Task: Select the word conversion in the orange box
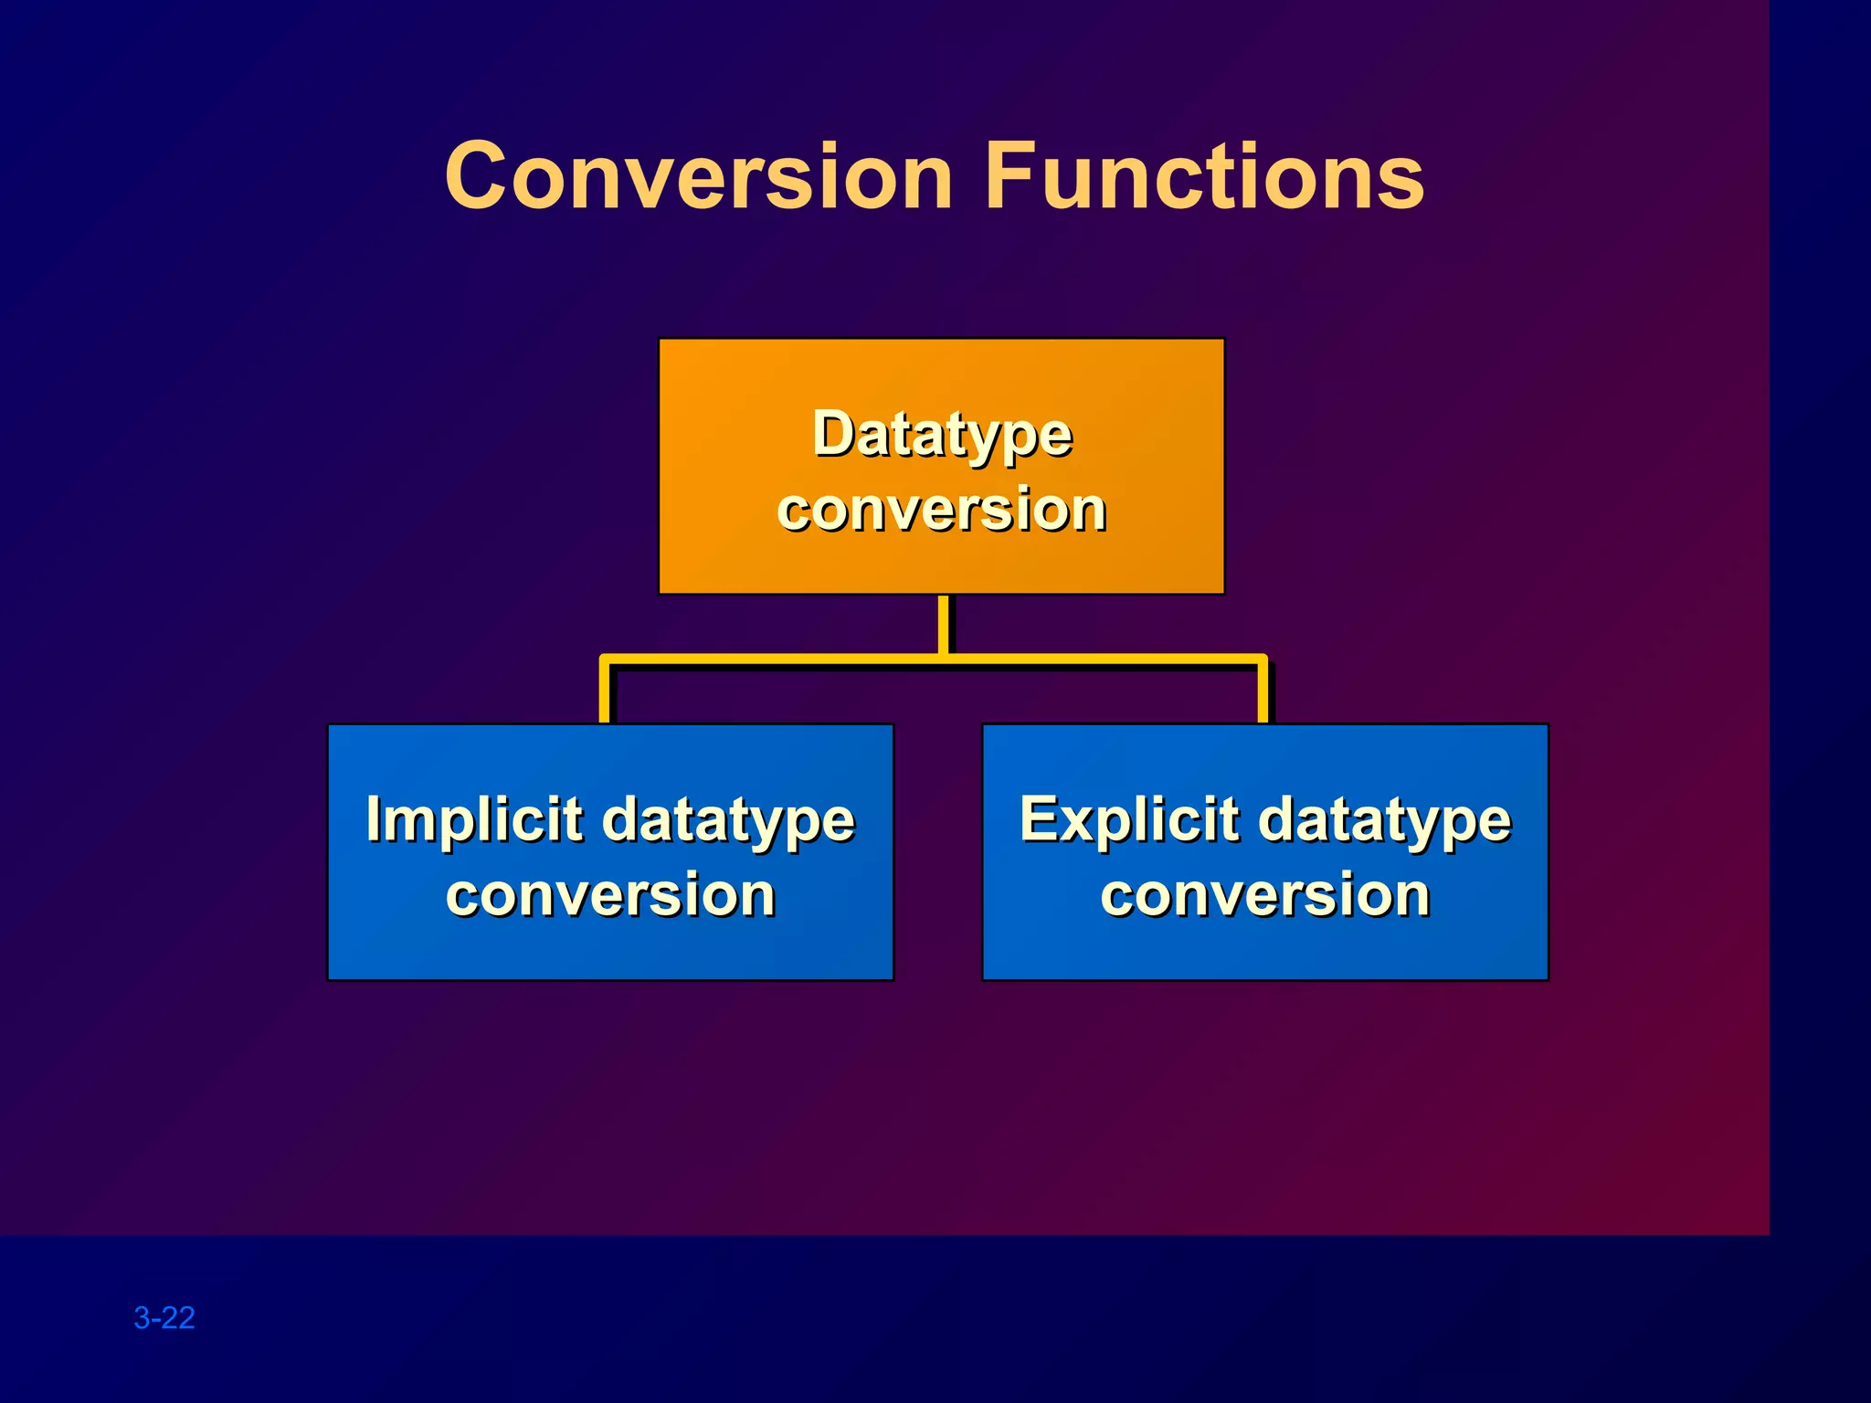[x=942, y=510]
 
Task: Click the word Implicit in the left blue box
[x=473, y=819]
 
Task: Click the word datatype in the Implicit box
[x=728, y=821]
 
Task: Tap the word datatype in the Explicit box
[x=1384, y=821]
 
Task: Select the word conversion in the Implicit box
[x=610, y=895]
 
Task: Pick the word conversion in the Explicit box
[x=1265, y=895]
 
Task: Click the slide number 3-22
[x=164, y=1317]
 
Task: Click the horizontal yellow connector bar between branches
[x=777, y=659]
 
